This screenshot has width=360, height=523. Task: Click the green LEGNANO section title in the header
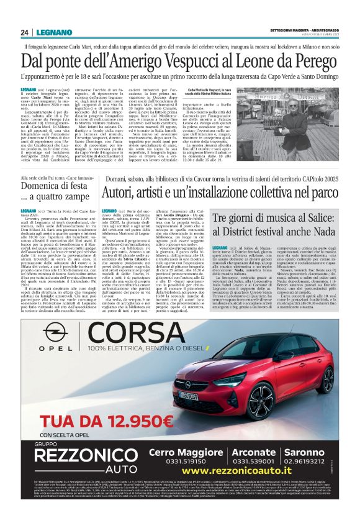(x=48, y=32)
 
